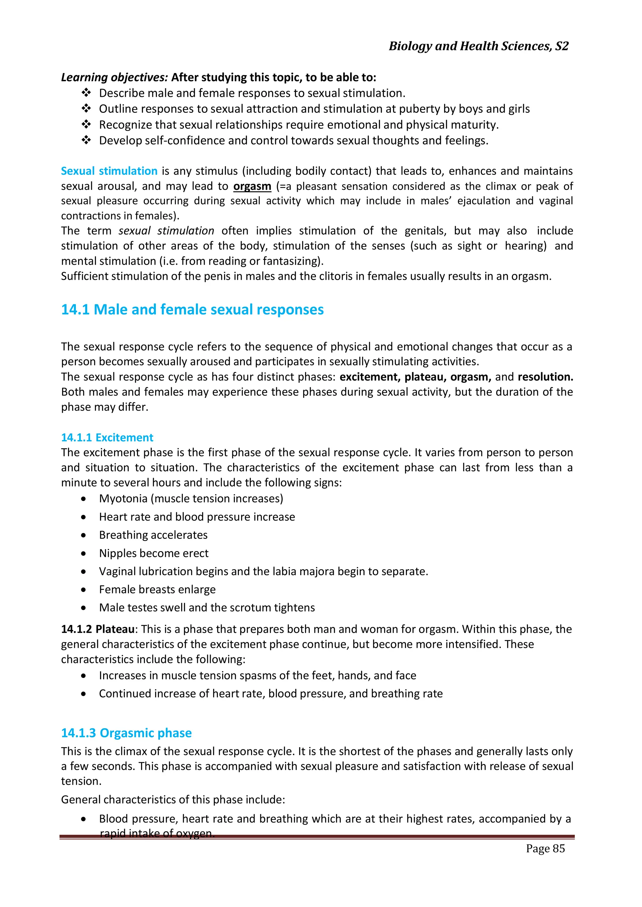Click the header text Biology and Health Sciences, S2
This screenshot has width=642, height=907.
pyautogui.click(x=478, y=46)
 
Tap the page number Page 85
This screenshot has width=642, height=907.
pyautogui.click(x=545, y=848)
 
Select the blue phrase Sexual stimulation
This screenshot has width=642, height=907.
pyautogui.click(x=109, y=171)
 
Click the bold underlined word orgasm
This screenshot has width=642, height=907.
pyautogui.click(x=252, y=186)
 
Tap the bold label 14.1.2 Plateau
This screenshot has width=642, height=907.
pyautogui.click(x=97, y=629)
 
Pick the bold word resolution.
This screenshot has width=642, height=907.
pyautogui.click(x=545, y=377)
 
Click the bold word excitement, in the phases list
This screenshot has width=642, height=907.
pyautogui.click(x=370, y=377)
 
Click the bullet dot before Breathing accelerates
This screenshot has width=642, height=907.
pyautogui.click(x=83, y=535)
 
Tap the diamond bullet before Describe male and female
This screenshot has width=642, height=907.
pyautogui.click(x=86, y=93)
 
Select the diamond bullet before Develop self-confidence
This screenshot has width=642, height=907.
pyautogui.click(x=86, y=140)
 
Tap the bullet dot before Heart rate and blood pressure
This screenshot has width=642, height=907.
pyautogui.click(x=83, y=517)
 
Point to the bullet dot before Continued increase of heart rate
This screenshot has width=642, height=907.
pyautogui.click(x=83, y=694)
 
